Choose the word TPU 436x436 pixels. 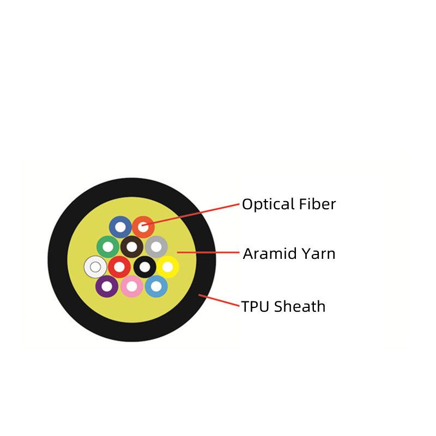point(255,307)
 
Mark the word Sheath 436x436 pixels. point(300,306)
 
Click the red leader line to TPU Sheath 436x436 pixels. point(219,300)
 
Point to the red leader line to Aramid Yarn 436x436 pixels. point(208,252)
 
